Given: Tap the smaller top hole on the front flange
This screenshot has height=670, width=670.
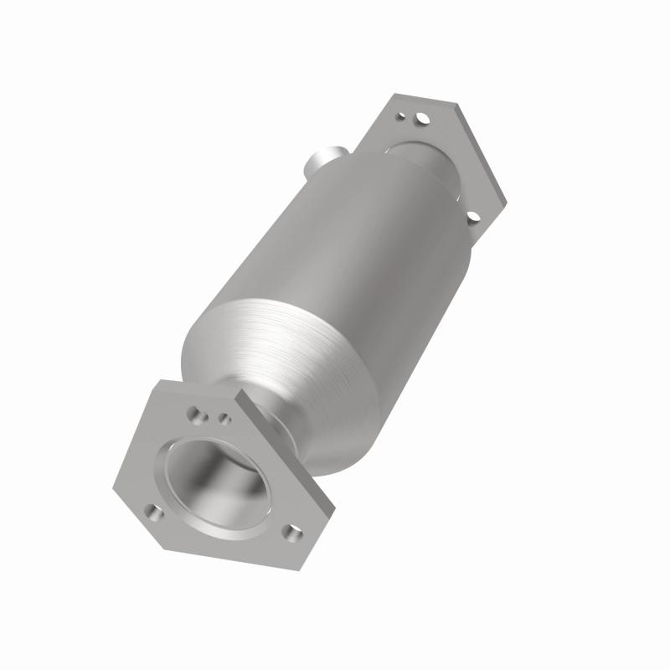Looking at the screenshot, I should click(x=224, y=416).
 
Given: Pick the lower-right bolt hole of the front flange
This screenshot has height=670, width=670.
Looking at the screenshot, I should click(x=291, y=532).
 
